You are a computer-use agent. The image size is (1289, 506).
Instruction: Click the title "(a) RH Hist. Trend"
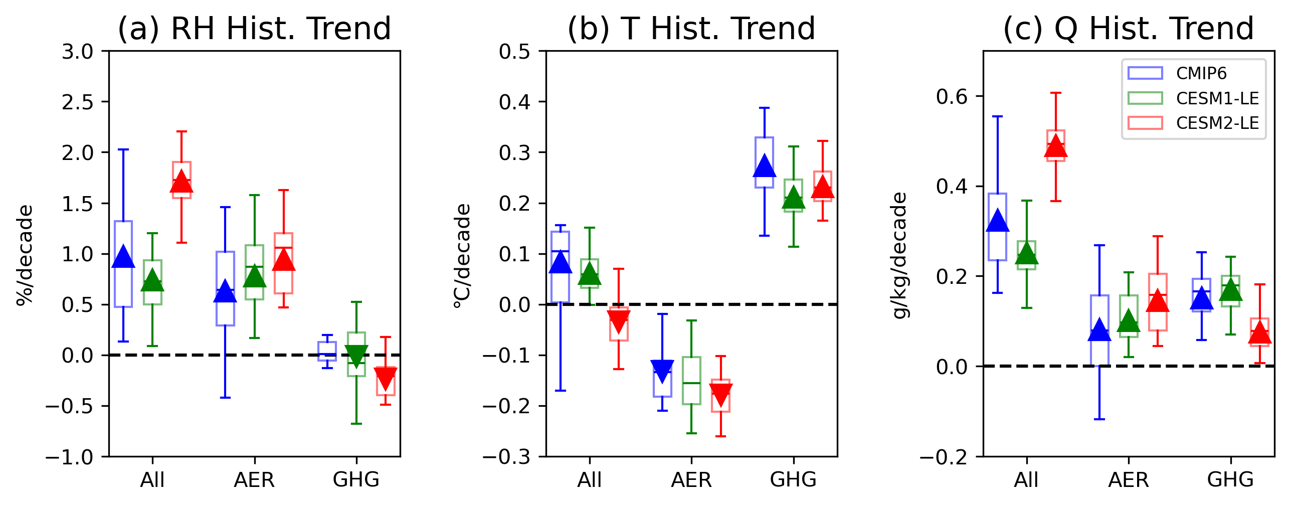coord(254,29)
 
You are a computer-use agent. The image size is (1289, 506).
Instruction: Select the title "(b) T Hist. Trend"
coord(691,29)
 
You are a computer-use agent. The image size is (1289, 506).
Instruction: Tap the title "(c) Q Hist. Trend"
coord(1129,29)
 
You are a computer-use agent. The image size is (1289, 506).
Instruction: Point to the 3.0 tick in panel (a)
coord(78,51)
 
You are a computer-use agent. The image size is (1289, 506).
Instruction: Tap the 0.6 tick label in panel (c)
coord(952,96)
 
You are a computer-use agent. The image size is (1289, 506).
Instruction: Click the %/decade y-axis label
coord(25,255)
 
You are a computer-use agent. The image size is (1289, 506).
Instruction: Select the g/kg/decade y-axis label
coord(900,255)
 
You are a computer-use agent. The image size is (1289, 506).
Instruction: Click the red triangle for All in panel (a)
coord(181,182)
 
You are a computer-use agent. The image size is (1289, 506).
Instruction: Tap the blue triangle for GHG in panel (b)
coord(764,166)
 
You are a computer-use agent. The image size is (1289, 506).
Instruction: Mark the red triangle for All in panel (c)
coord(1056,146)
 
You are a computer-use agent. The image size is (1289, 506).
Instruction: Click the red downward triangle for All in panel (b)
coord(619,321)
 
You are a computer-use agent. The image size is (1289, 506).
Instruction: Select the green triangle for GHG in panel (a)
coord(356,356)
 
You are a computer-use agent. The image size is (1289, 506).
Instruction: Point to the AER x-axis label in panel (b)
coord(691,480)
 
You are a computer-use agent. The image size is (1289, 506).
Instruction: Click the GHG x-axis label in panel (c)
coord(1230,480)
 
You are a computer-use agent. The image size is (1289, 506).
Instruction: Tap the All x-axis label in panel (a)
coord(152,480)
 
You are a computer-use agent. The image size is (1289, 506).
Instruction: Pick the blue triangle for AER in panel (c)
coord(1099,330)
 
